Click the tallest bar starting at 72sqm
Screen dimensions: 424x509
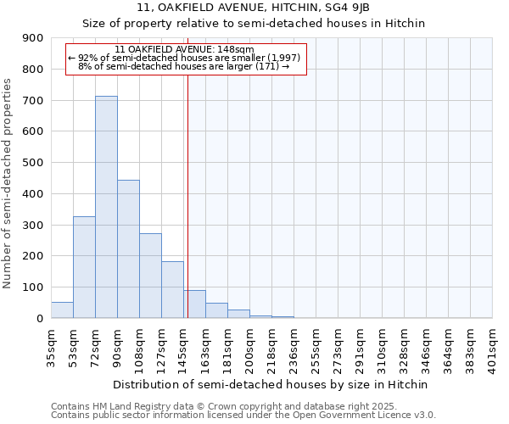tap(106, 207)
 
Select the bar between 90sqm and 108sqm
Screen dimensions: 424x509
tap(128, 249)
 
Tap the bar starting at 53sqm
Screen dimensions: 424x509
tap(84, 267)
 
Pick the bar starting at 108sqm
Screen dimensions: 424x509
tap(150, 276)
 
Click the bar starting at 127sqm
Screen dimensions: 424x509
tap(172, 290)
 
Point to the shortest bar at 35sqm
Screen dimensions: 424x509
tap(62, 310)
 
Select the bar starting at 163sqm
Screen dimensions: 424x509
tap(216, 310)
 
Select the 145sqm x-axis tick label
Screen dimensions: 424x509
tap(183, 345)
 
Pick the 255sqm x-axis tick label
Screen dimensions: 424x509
tap(316, 345)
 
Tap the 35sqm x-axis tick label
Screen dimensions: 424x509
tap(51, 345)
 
